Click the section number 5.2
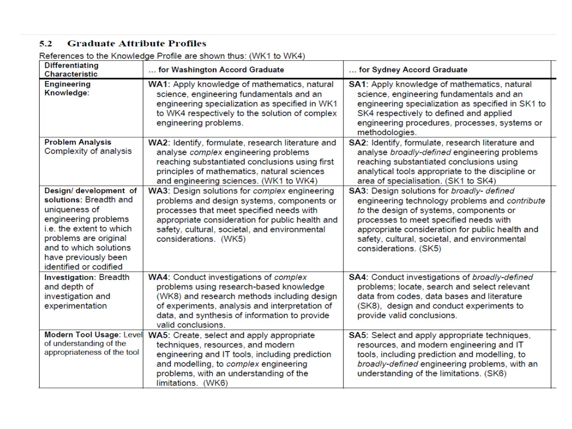[x=45, y=44]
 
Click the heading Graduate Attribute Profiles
[x=137, y=44]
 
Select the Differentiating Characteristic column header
[x=71, y=70]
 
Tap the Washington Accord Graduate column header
[x=216, y=70]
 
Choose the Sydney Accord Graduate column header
[x=408, y=70]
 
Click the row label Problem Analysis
[x=78, y=142]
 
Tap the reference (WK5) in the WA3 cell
[x=233, y=239]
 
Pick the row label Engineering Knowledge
[x=68, y=89]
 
